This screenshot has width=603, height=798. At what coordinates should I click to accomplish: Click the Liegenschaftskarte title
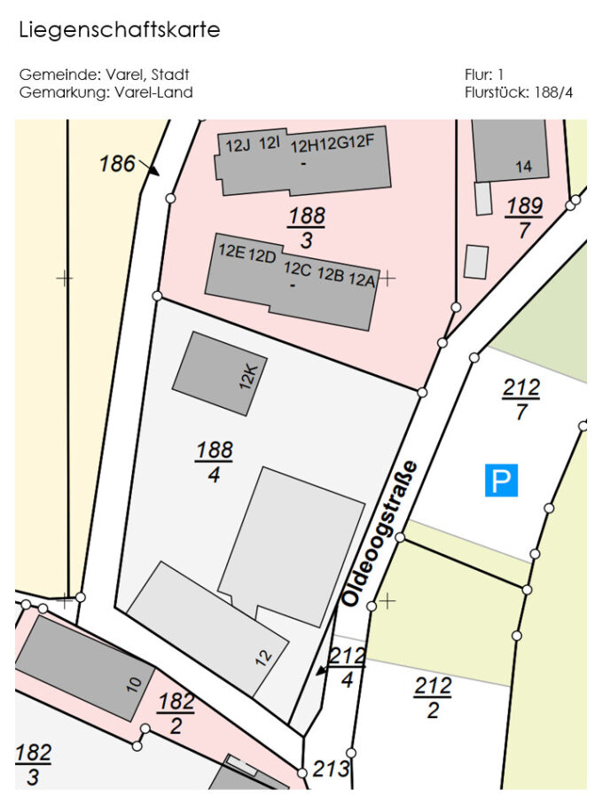[119, 30]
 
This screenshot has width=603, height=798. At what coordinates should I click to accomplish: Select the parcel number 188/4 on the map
[214, 461]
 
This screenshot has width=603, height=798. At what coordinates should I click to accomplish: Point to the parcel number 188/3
[306, 227]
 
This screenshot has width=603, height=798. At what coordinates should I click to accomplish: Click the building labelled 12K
[219, 373]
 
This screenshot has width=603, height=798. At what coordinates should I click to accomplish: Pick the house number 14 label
[523, 167]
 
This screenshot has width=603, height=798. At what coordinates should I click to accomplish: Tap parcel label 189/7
[524, 217]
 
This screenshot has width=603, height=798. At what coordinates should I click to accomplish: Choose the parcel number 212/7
[521, 399]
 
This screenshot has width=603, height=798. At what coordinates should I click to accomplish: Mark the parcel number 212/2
[433, 697]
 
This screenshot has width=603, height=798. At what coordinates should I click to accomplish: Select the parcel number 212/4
[347, 667]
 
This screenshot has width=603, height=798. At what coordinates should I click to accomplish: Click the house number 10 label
[134, 684]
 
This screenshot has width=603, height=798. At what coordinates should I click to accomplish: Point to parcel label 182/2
[176, 713]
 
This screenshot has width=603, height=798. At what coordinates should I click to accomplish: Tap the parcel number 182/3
[33, 764]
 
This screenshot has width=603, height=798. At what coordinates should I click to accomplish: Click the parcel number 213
[332, 769]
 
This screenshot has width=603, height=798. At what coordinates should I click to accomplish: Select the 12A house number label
[362, 280]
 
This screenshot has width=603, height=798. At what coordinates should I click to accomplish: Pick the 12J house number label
[238, 145]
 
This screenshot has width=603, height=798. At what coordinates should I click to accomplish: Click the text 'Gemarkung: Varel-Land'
[106, 92]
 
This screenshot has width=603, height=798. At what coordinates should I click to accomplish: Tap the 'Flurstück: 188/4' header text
[518, 92]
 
